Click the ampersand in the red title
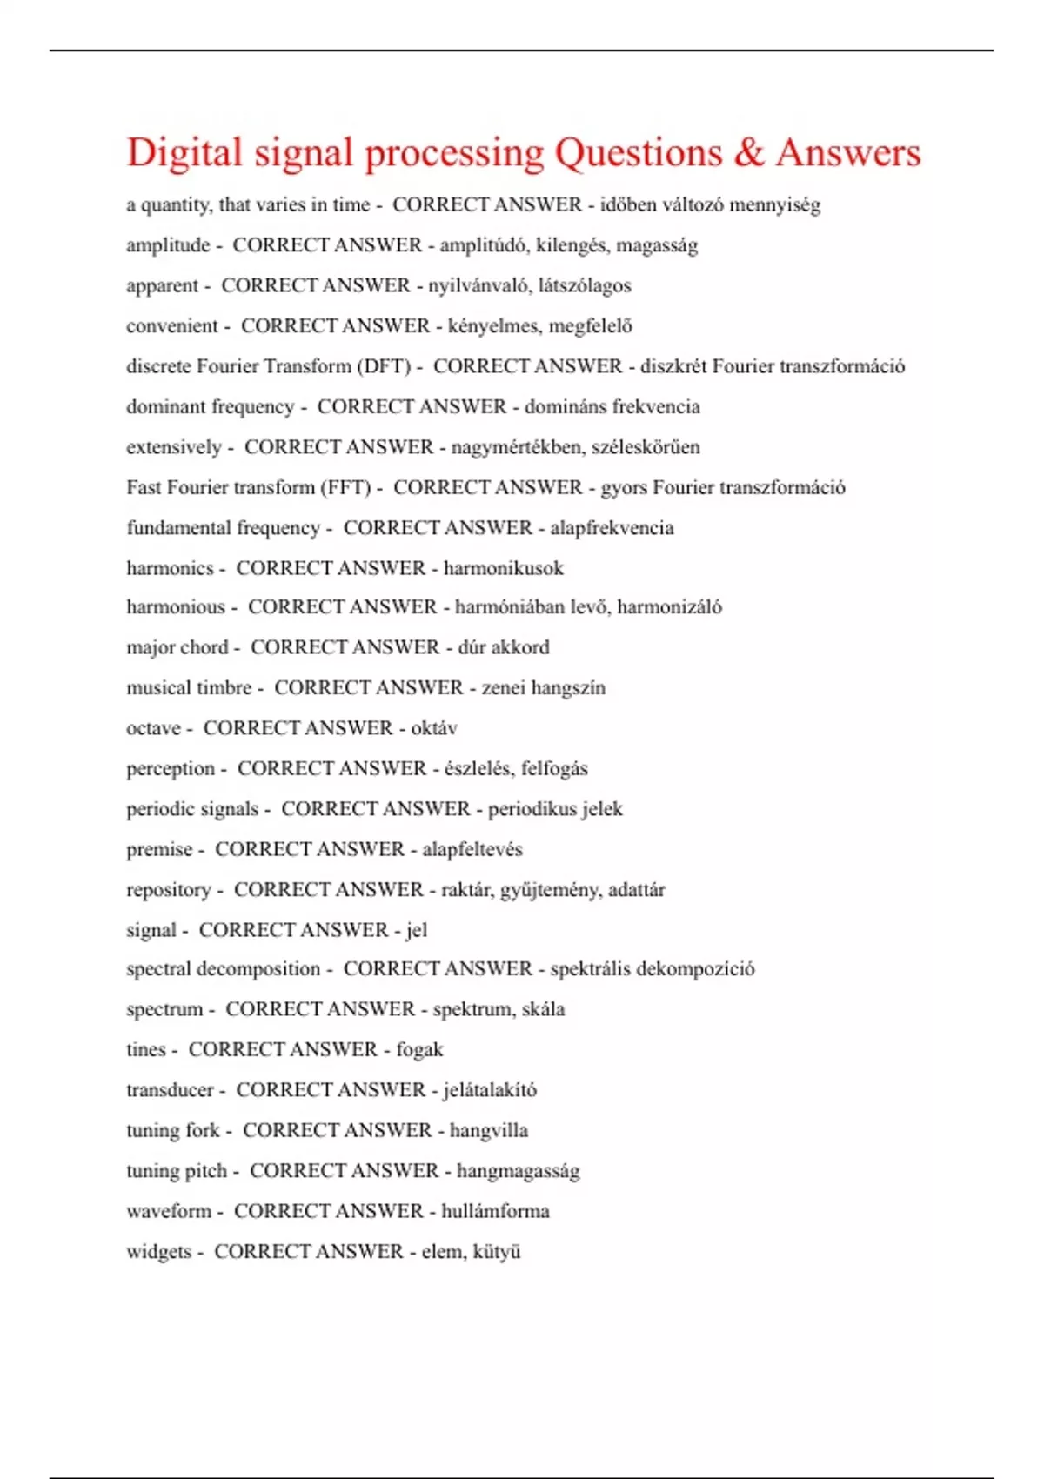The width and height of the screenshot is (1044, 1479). coord(747,153)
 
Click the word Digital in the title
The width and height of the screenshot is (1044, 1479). coord(184,153)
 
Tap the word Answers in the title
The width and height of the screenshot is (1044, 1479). coord(848,153)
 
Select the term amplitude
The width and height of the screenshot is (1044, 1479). coord(168,245)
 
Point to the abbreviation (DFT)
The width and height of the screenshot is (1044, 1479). coord(384,366)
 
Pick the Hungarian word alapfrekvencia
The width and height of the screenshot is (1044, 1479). coord(612,528)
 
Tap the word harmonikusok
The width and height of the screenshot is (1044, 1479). coord(504,568)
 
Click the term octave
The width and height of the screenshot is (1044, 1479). coord(153,728)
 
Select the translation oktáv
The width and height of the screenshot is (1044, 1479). coord(434,728)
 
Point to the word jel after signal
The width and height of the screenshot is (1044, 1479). coord(417,930)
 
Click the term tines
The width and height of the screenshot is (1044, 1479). coord(145,1050)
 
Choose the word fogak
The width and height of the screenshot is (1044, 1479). coord(419,1050)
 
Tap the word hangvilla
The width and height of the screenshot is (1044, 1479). coord(489,1131)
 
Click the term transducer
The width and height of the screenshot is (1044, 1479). coord(170,1090)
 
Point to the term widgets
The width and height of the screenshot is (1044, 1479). coord(158,1252)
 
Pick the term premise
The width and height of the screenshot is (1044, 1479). coord(159,849)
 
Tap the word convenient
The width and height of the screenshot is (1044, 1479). coord(172,326)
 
